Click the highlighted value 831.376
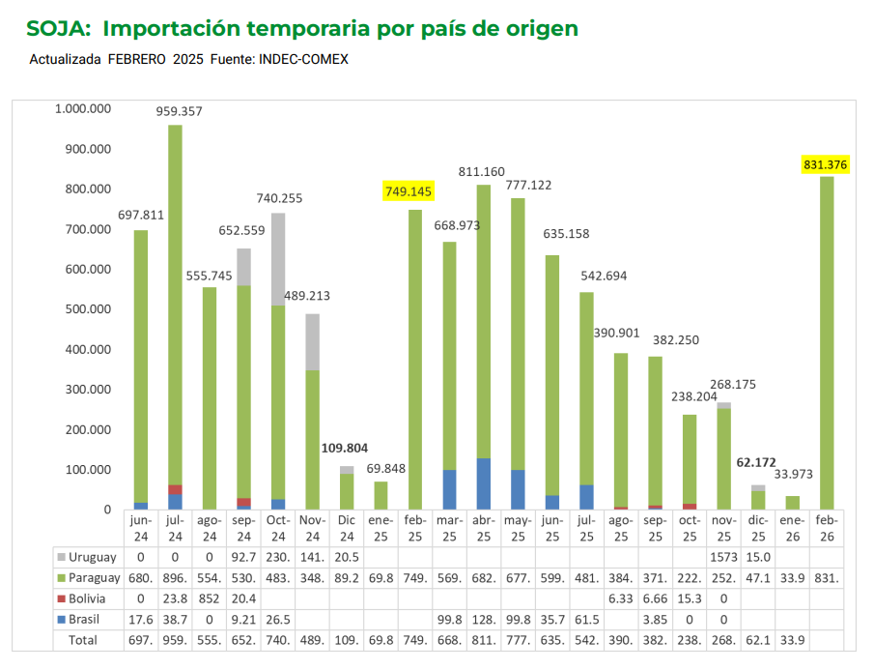pos(825,165)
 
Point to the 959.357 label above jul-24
pos(179,111)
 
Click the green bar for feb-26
pos(827,343)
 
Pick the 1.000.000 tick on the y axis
pos(83,109)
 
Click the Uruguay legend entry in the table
pos(92,558)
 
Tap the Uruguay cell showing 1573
pos(723,558)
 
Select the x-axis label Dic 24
pos(347,529)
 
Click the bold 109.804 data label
pos(346,449)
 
